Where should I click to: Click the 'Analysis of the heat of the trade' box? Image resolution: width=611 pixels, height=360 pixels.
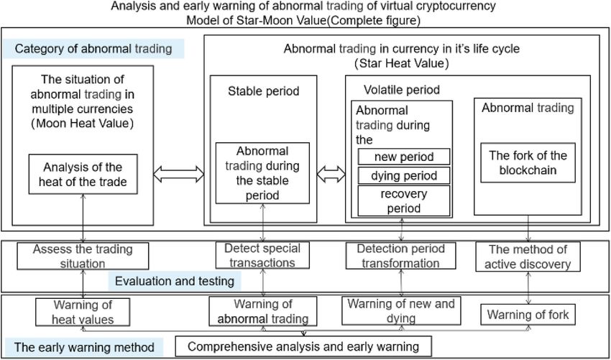pyautogui.click(x=83, y=174)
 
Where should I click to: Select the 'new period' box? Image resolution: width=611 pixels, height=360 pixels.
pyautogui.click(x=404, y=157)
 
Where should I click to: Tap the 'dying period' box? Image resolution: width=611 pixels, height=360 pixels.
pyautogui.click(x=404, y=175)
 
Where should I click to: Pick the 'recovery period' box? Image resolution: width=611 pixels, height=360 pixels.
pyautogui.click(x=404, y=200)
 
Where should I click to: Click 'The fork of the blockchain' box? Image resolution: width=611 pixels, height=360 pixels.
pyautogui.click(x=528, y=163)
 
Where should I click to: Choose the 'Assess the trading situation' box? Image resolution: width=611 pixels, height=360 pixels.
pyautogui.click(x=83, y=256)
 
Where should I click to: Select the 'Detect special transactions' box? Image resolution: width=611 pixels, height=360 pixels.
pyautogui.click(x=262, y=255)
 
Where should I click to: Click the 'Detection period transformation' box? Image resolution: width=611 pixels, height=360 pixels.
pyautogui.click(x=401, y=255)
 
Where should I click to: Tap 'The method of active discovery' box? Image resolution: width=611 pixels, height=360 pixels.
pyautogui.click(x=528, y=257)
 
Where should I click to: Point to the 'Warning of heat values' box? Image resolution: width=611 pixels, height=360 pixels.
pyautogui.click(x=83, y=312)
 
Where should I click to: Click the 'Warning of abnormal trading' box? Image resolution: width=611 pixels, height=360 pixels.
pyautogui.click(x=263, y=311)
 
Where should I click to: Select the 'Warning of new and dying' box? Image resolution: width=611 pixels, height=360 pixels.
pyautogui.click(x=401, y=310)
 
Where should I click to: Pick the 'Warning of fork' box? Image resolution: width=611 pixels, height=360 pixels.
pyautogui.click(x=528, y=314)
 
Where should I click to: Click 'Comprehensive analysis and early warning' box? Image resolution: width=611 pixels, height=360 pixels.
pyautogui.click(x=303, y=346)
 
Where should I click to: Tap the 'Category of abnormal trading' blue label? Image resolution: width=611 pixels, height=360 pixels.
pyautogui.click(x=93, y=49)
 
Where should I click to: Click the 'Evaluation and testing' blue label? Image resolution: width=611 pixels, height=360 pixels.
pyautogui.click(x=175, y=281)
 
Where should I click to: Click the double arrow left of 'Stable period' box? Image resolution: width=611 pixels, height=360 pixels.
pyautogui.click(x=178, y=175)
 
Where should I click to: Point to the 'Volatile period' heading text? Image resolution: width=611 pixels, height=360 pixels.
pyautogui.click(x=402, y=90)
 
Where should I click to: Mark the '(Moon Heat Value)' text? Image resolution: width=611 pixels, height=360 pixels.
pyautogui.click(x=82, y=124)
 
